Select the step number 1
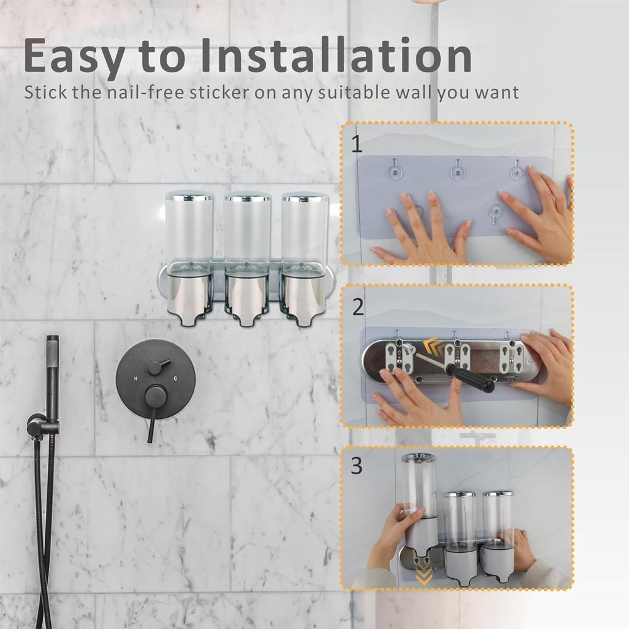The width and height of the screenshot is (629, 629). tap(357, 145)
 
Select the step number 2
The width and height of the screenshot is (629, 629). tap(357, 307)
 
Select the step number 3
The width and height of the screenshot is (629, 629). tap(357, 467)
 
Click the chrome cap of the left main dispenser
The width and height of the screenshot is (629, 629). tap(189, 196)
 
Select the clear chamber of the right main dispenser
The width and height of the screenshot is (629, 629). tap(304, 230)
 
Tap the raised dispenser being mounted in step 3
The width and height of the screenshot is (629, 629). tap(420, 497)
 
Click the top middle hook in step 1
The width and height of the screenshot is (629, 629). tap(458, 168)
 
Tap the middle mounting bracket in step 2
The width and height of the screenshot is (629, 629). tap(458, 356)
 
